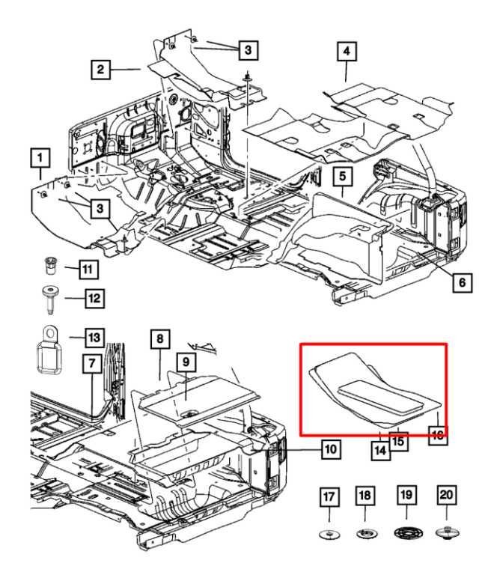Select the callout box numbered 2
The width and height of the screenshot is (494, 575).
coord(99,70)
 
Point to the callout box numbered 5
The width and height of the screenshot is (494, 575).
coord(342,177)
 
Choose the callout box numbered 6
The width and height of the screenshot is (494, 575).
coord(462,282)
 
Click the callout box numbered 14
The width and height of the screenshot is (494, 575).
coord(381,450)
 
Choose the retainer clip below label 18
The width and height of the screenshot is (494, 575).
coord(365,534)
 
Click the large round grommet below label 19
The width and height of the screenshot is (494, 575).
coord(405,534)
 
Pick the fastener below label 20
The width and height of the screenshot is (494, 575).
coord(446,533)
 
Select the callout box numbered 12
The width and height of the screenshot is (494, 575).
coord(94,298)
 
